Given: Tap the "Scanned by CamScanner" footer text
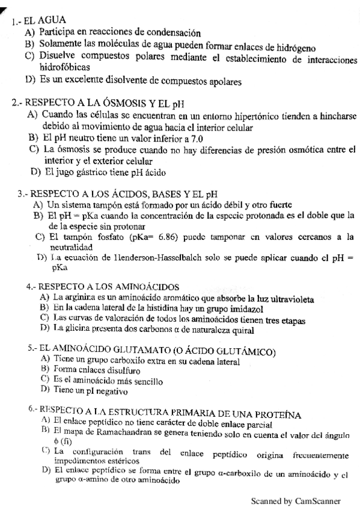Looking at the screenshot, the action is click(296, 500).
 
